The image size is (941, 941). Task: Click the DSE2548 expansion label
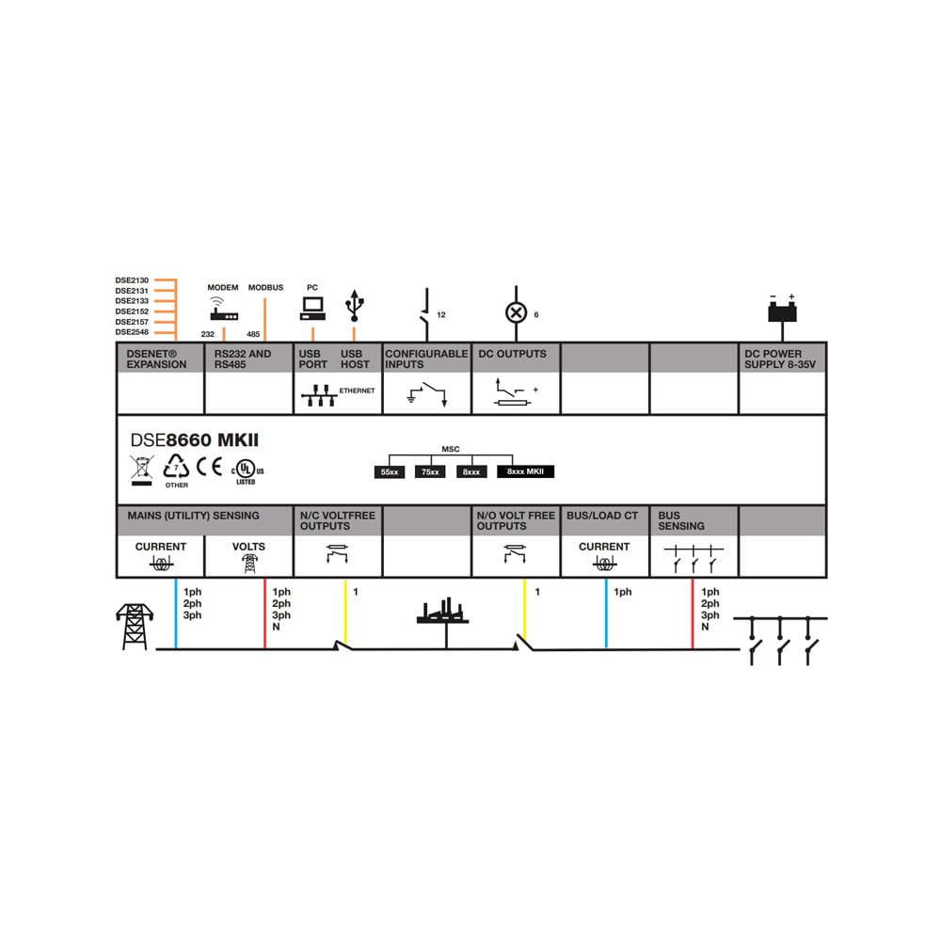pos(133,332)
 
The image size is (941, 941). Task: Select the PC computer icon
pos(312,305)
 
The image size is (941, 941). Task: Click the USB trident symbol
pos(354,303)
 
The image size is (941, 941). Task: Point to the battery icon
pos(782,310)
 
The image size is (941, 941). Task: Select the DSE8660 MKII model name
pos(194,439)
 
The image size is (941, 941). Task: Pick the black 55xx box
pos(389,471)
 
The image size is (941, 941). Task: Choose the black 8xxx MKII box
pos(525,471)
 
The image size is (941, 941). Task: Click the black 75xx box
pos(430,471)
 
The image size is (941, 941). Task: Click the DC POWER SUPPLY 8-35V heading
pos(774,359)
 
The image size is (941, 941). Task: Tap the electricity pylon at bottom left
pos(132,626)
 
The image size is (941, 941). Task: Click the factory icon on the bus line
pos(442,612)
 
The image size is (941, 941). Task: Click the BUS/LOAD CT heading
pos(601,516)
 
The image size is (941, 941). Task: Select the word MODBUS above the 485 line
pos(265,287)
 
